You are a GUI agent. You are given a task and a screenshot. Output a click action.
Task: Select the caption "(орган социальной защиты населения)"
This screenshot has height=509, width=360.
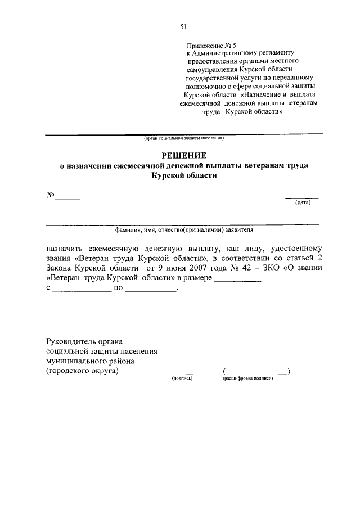coord(183,138)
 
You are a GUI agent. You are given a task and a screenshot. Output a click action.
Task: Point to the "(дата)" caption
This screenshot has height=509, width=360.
coord(303,203)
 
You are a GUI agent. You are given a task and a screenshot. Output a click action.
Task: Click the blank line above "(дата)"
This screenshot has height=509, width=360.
coord(301,197)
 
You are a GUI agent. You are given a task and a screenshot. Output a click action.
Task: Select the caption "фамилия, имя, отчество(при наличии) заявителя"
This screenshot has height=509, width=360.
coord(183,229)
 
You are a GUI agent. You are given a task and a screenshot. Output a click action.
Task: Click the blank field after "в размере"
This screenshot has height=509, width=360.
coord(238,279)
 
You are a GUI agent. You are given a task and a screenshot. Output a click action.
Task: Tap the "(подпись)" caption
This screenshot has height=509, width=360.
coord(182,379)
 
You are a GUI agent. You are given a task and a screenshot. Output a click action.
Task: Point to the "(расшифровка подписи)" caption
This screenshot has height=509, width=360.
coord(248,379)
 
